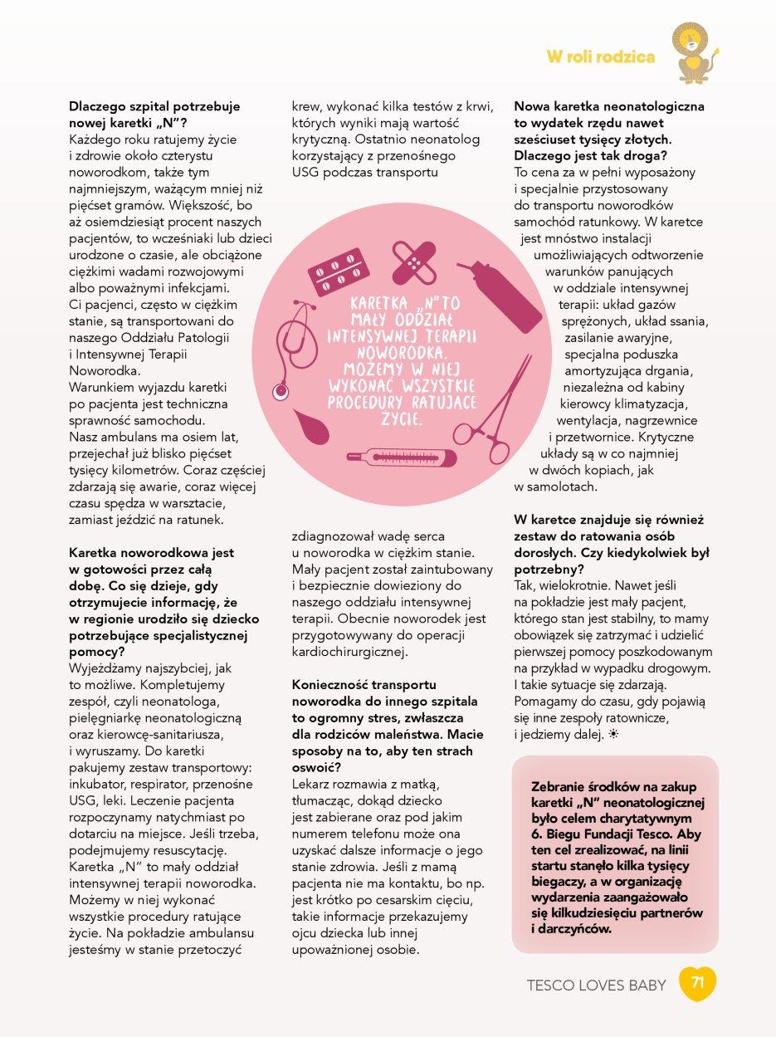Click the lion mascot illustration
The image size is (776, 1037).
[695, 55]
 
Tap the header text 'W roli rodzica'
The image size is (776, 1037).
[600, 56]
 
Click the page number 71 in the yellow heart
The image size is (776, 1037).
[697, 983]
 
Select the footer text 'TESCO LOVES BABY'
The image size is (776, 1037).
[596, 986]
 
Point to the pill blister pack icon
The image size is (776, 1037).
[338, 272]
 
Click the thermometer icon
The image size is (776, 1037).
[401, 457]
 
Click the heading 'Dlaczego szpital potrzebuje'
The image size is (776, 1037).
[154, 106]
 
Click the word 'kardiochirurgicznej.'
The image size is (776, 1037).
[350, 652]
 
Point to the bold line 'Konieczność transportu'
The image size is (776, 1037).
[364, 685]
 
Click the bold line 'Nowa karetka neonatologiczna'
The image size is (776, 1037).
[609, 106]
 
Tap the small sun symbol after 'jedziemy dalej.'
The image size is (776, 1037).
[613, 735]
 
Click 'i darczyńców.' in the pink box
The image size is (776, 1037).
[570, 929]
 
